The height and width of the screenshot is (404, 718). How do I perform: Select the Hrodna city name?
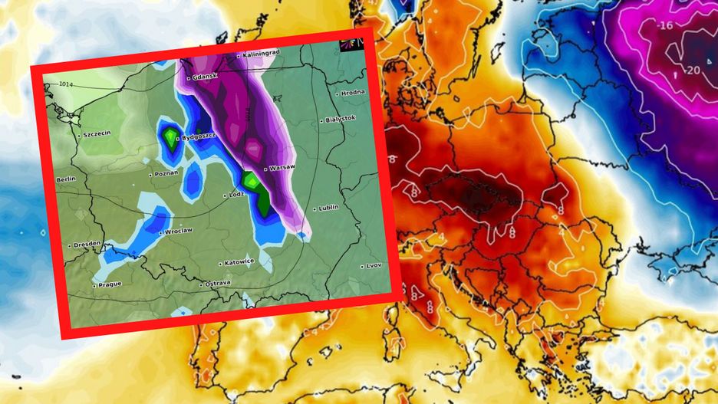[x=353, y=93]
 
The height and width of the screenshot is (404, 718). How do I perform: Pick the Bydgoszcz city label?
[x=199, y=136]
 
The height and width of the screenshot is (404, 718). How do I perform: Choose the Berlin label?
[x=66, y=179]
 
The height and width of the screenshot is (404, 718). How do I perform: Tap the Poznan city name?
[x=166, y=172]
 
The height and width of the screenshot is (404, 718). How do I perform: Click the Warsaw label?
[x=281, y=166]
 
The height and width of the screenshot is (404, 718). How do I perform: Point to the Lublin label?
[x=328, y=208]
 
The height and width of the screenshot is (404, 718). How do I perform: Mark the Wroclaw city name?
[x=179, y=230]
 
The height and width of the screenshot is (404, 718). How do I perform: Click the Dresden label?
[x=87, y=245]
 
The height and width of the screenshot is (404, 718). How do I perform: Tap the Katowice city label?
[x=239, y=261]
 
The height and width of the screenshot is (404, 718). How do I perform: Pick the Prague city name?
[x=109, y=285]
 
